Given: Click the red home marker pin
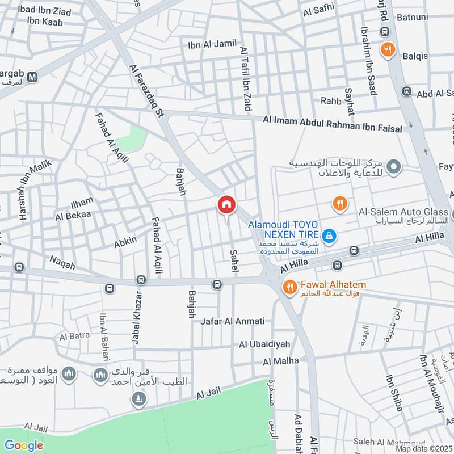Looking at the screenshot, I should pos(226,204).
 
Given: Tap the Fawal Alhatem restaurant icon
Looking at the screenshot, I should pos(289,288).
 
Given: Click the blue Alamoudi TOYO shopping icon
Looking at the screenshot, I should pos(328,235).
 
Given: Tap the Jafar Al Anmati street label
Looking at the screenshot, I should pos(233,321).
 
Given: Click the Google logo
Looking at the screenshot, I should pos(24,445).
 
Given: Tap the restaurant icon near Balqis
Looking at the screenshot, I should pos(388,50).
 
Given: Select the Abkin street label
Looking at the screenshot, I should pos(125,241).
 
